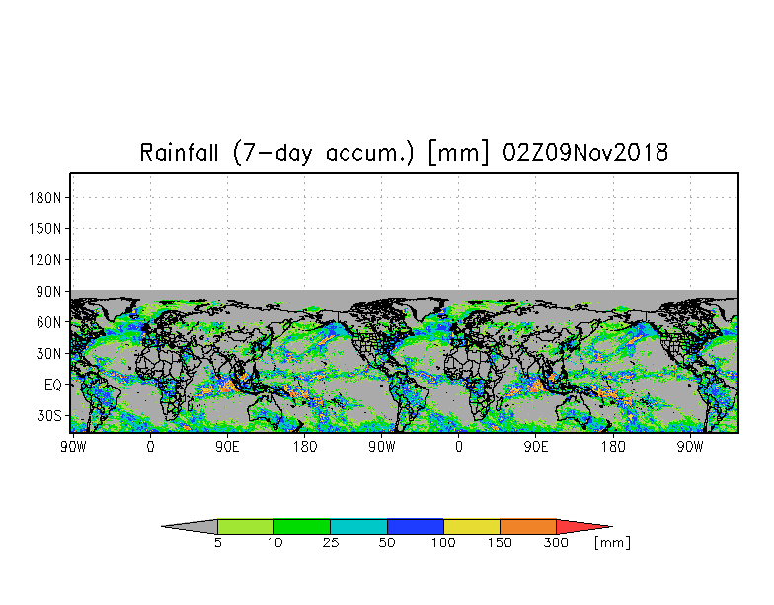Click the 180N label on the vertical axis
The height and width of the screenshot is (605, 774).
pos(45,198)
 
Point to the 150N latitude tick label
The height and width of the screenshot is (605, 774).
pos(45,229)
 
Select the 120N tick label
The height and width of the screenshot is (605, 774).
pos(45,259)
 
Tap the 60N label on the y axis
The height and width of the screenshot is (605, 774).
pos(48,322)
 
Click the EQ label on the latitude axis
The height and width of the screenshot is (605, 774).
pos(53,386)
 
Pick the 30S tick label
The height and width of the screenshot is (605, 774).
pos(49,415)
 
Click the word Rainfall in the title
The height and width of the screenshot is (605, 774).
pos(179,152)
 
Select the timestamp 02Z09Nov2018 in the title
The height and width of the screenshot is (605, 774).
pos(584,152)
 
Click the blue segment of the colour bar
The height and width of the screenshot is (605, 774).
pos(415,526)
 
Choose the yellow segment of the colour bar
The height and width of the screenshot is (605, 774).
pos(472,526)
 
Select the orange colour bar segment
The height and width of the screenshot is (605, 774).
pos(528,526)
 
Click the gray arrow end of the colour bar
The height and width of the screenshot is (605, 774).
pos(190,526)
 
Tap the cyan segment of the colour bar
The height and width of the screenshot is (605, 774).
pos(358,526)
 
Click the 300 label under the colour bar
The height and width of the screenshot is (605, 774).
pos(556,543)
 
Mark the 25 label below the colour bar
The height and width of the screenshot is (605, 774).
pos(330,543)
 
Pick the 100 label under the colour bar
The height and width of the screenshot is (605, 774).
pos(443,543)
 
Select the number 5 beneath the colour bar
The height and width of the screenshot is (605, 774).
pos(217,543)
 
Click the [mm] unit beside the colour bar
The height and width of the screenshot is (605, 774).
pos(612,543)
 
